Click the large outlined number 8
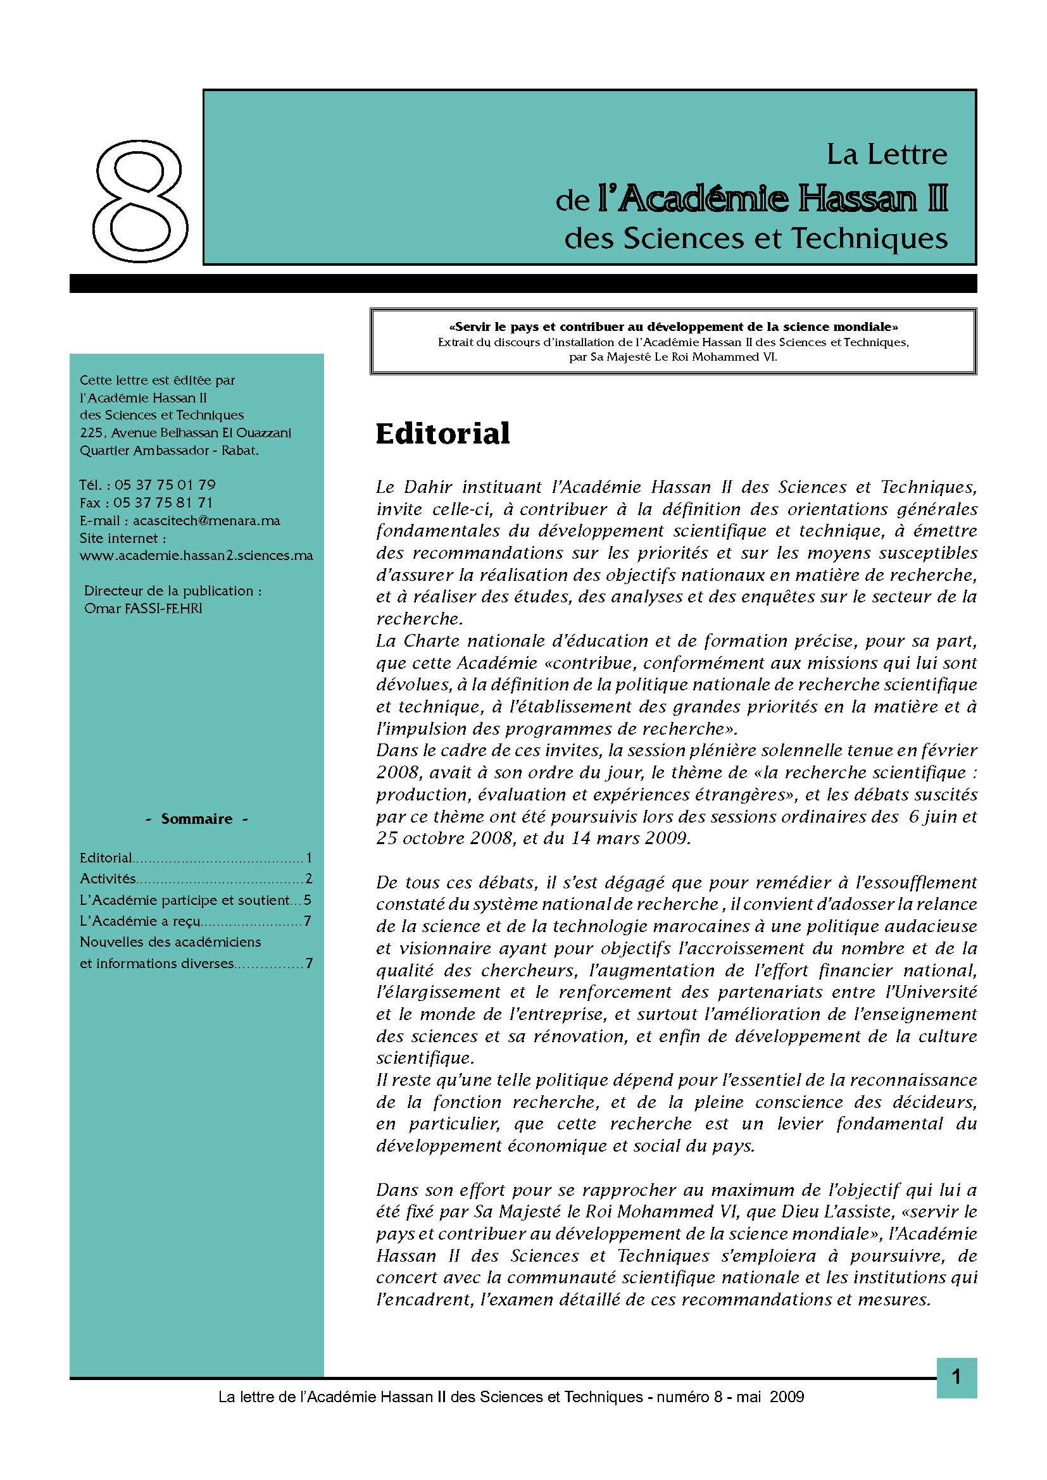click(141, 204)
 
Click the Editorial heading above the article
click(442, 433)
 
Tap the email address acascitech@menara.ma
click(206, 520)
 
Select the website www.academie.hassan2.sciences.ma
click(196, 555)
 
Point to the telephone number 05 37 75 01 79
click(165, 485)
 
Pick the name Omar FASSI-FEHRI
click(143, 609)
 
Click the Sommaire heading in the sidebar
click(197, 819)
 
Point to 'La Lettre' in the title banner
click(886, 154)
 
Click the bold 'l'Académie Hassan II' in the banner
click(772, 200)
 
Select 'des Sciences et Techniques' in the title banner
click(756, 239)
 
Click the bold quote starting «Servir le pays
click(673, 326)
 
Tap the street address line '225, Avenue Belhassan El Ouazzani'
click(185, 433)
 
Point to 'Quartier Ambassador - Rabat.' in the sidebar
click(169, 451)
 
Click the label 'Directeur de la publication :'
click(173, 591)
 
